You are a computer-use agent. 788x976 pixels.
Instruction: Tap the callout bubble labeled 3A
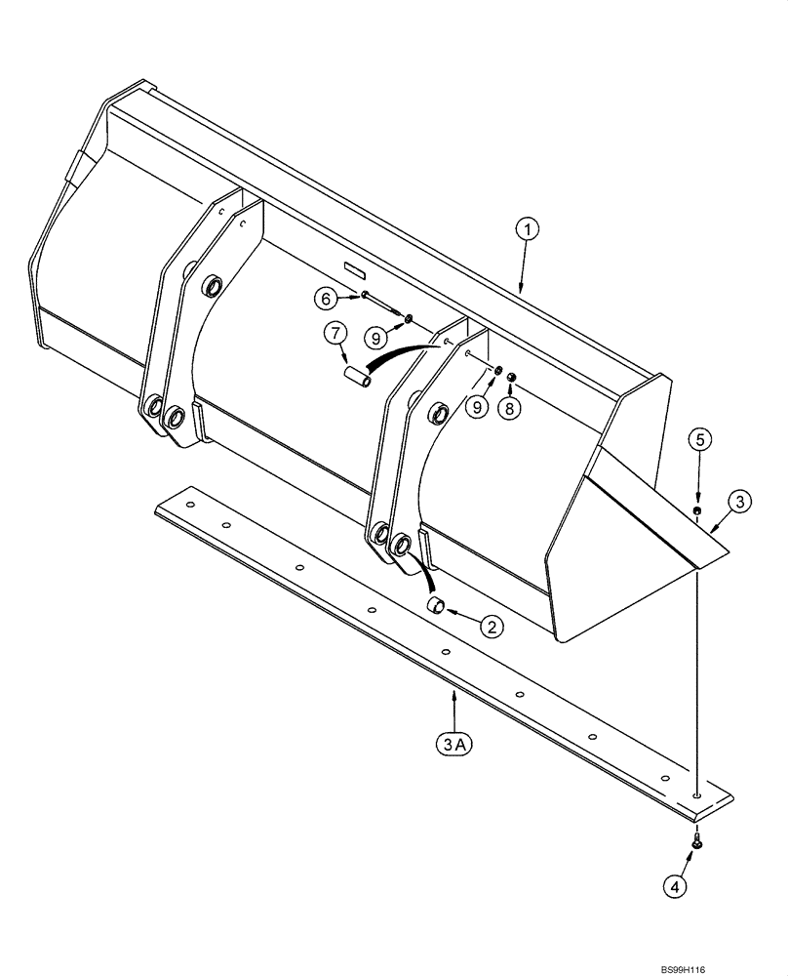(x=454, y=746)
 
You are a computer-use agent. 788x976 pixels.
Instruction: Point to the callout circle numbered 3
(x=740, y=502)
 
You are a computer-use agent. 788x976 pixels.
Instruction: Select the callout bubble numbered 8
(x=511, y=408)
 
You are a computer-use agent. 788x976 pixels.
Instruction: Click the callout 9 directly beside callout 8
(x=475, y=408)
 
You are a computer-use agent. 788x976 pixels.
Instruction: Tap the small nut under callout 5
(x=698, y=510)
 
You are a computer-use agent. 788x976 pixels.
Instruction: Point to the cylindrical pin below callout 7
(x=358, y=376)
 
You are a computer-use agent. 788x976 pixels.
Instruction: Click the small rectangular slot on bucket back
(x=353, y=266)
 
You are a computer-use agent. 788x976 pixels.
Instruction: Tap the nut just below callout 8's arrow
(x=511, y=378)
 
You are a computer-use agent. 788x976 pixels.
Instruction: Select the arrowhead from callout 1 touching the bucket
(x=522, y=290)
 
